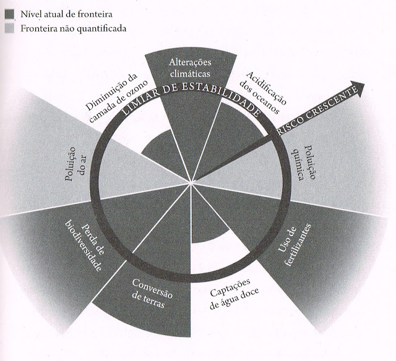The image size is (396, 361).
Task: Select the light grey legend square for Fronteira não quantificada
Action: point(8,28)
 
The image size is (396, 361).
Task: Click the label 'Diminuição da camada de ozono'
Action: point(118,93)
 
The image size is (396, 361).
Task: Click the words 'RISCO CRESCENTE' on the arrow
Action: point(319,111)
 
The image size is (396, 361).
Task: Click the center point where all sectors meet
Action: point(192,181)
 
